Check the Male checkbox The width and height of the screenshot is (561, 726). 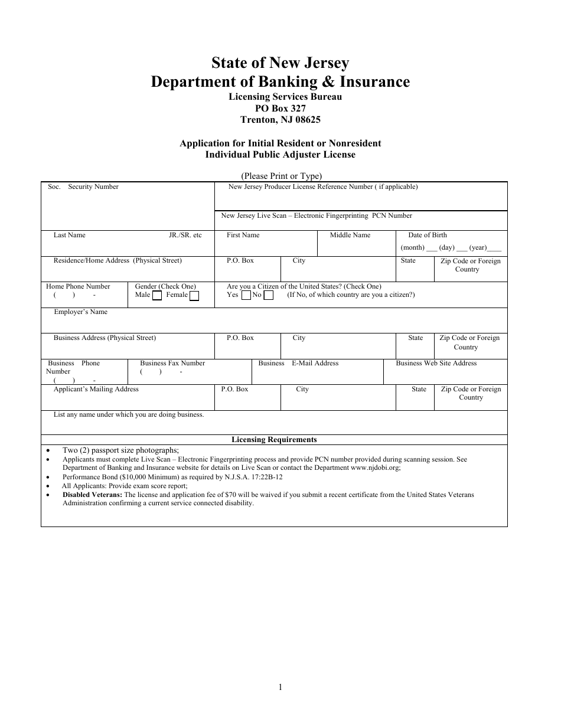(x=157, y=296)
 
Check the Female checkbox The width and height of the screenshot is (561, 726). (x=194, y=296)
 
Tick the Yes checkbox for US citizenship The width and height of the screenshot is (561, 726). (x=246, y=295)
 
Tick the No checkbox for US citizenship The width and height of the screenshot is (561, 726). (x=268, y=295)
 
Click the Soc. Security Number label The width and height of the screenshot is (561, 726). (x=83, y=187)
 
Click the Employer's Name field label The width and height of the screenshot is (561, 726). (x=81, y=312)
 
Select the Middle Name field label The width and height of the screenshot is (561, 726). (x=350, y=236)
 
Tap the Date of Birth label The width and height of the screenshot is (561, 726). (x=428, y=236)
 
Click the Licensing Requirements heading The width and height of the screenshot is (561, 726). (x=274, y=440)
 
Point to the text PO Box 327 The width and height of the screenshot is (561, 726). (x=280, y=108)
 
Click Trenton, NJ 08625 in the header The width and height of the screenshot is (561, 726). (x=280, y=119)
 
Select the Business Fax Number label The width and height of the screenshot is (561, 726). (x=172, y=364)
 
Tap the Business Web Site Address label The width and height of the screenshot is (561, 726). (x=436, y=364)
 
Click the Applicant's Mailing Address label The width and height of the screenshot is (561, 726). (x=96, y=390)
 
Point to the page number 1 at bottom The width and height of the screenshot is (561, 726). (x=280, y=687)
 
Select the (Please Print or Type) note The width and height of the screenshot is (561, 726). (x=281, y=176)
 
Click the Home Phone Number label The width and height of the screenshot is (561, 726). (x=79, y=287)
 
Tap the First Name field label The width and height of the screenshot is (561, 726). (x=243, y=236)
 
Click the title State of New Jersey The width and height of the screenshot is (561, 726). (x=280, y=63)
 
